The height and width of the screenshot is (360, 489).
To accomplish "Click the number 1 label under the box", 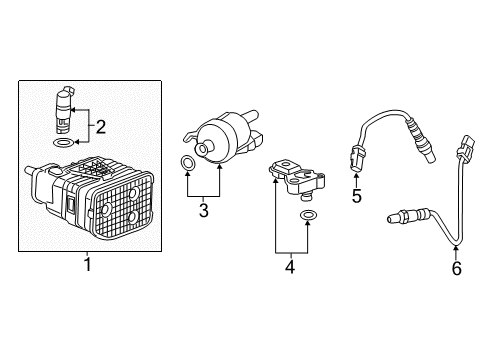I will coord(88,265).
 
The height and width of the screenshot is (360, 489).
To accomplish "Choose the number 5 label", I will coord(356,195).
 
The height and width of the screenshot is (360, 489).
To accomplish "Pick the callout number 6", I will coord(456,267).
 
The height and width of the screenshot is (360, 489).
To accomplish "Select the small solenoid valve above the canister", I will coord(64,108).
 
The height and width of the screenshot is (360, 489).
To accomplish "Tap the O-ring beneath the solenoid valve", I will coord(64,144).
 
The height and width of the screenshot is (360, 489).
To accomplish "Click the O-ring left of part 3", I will coord(187,162).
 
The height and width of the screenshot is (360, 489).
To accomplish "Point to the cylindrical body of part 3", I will coord(222,140).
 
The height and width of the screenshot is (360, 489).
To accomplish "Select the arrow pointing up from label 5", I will coord(356,176).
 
